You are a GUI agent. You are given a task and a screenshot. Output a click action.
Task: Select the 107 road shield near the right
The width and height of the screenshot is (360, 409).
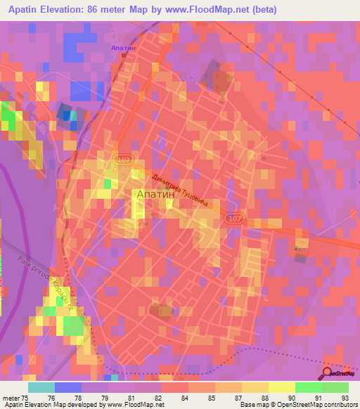pyautogui.click(x=235, y=220)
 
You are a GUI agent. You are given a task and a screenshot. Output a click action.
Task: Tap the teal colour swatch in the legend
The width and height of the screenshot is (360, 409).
pyautogui.click(x=41, y=387)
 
